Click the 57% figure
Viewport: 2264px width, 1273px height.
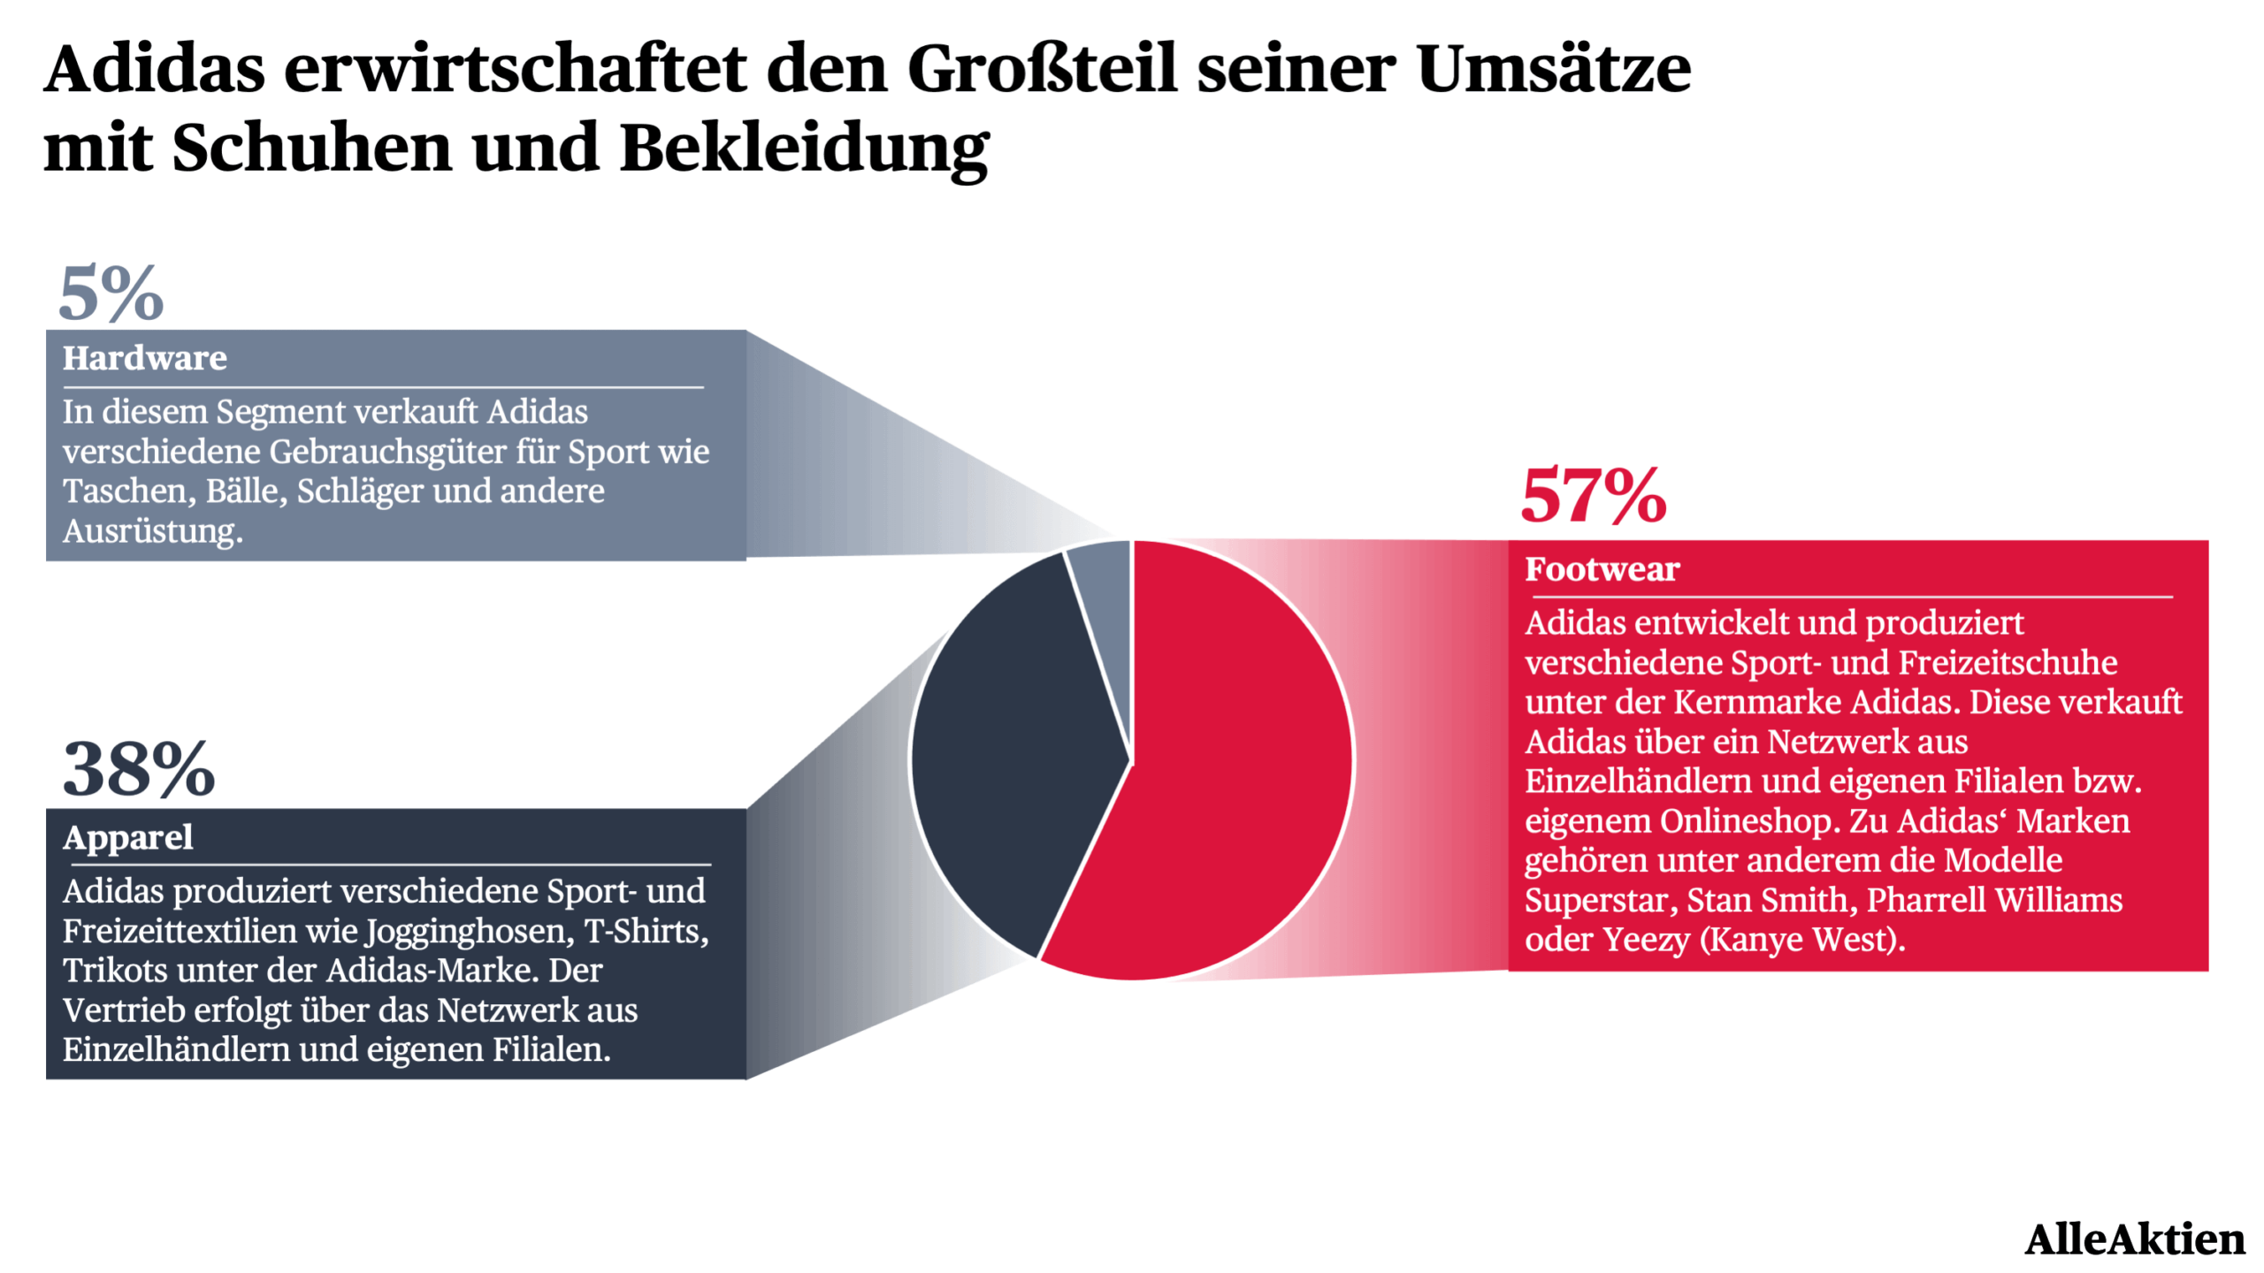(1593, 496)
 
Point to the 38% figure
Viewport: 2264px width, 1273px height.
(139, 769)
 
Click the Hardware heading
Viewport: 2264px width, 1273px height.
(144, 358)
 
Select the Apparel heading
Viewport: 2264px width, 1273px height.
(128, 837)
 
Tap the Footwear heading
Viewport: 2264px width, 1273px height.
(1602, 569)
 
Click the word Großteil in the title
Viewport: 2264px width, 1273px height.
(1042, 69)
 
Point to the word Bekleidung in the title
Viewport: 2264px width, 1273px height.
(804, 149)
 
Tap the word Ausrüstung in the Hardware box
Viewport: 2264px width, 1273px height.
(152, 530)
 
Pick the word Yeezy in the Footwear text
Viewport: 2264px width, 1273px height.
(1646, 939)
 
